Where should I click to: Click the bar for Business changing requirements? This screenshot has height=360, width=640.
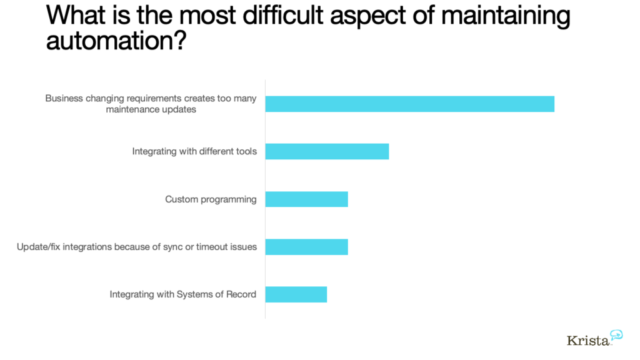coord(410,104)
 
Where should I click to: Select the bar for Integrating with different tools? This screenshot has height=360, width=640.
coord(327,151)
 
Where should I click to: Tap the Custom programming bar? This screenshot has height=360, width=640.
coord(306,199)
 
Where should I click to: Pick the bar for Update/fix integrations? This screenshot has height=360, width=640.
coord(306,247)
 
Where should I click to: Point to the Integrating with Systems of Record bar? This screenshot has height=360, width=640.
coord(296,295)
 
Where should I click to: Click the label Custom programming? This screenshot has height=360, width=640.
coord(211,199)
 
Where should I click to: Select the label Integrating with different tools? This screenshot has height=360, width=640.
coord(194,151)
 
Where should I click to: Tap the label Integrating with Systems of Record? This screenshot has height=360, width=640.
coord(183,295)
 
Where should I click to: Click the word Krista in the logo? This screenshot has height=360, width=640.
coord(587,341)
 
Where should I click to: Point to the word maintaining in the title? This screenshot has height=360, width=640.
coord(506,16)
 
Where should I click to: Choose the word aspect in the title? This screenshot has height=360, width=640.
coord(367,17)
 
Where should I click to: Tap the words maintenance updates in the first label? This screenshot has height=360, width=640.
coord(151,109)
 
